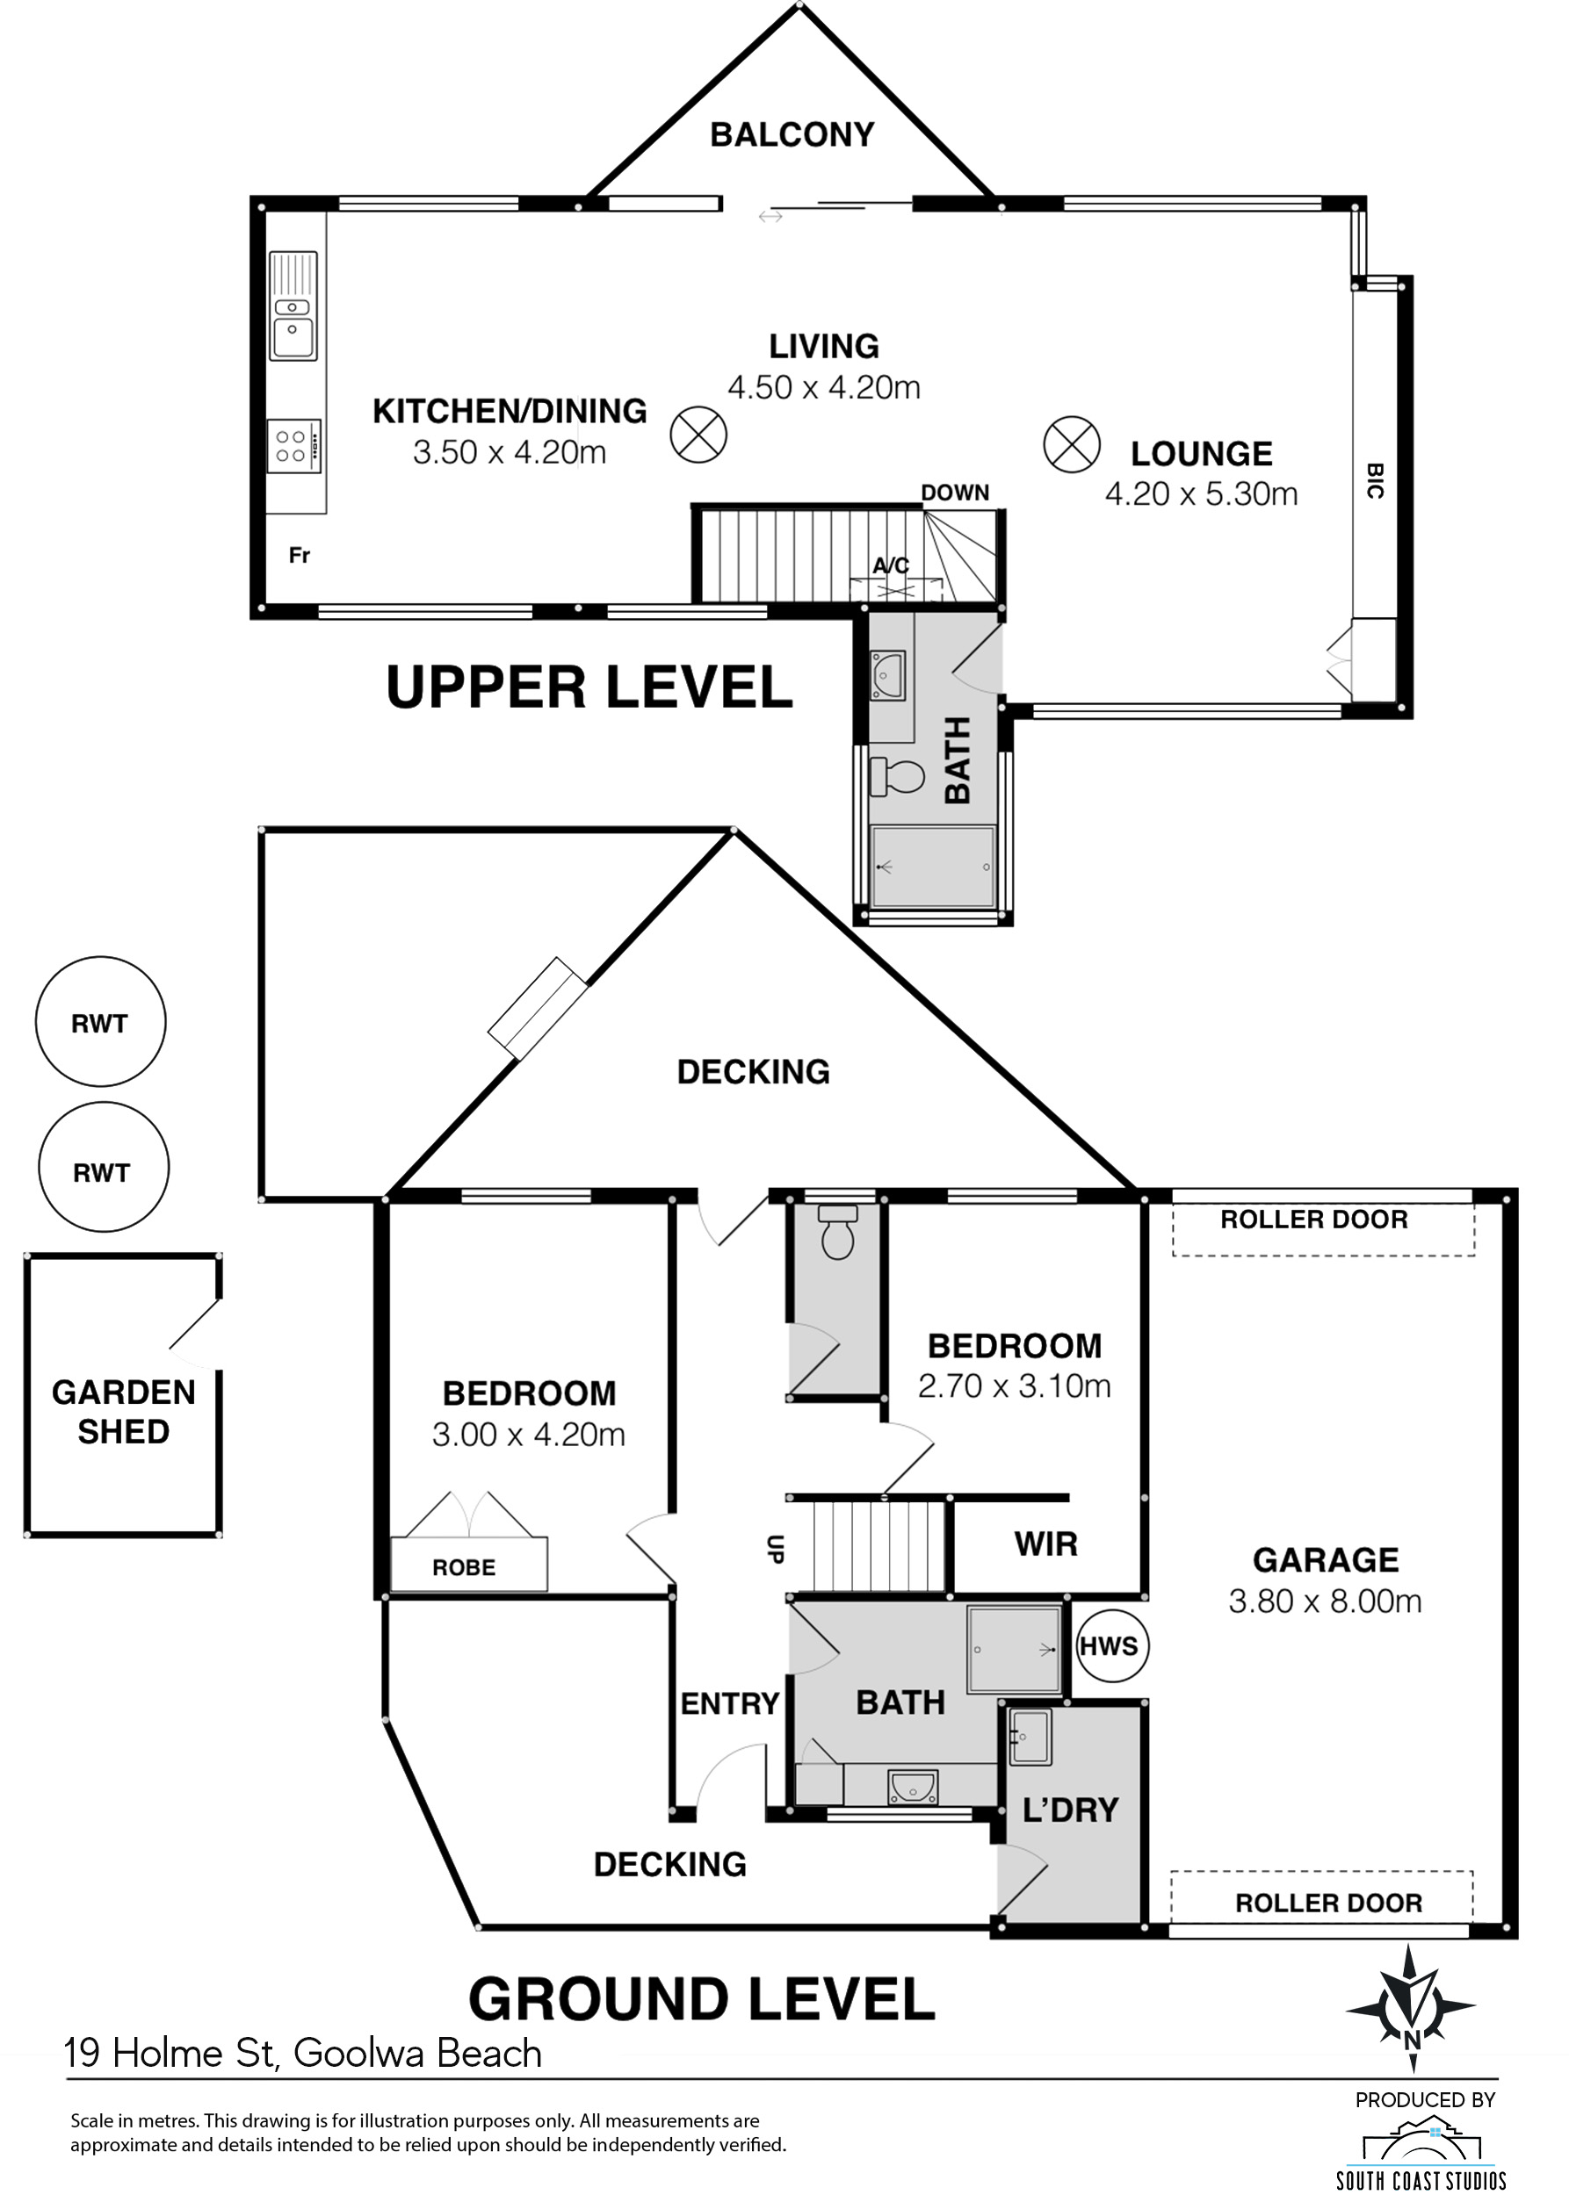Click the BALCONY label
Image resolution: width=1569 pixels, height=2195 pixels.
pos(792,135)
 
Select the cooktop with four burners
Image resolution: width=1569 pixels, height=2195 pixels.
pos(293,446)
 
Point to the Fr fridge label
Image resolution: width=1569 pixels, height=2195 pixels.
pos(300,555)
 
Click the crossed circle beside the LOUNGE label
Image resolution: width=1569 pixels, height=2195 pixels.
pos(1072,445)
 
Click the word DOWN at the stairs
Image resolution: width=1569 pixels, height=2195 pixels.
pos(955,493)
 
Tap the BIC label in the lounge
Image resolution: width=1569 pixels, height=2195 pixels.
pos(1376,480)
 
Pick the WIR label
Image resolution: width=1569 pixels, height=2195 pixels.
pos(1046,1544)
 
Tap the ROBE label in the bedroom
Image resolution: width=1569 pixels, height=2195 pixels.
pos(464,1567)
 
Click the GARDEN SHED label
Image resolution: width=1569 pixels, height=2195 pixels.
pos(124,1412)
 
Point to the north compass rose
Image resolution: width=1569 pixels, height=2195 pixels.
pos(1412,2009)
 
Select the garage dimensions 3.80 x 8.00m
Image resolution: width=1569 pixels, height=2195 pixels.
pos(1325,1602)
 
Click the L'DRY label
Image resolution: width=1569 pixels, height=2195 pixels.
pos(1071,1810)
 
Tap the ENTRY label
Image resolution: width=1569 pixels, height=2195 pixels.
pos(729,1703)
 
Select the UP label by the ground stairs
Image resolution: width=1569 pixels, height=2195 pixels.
pos(775,1549)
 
